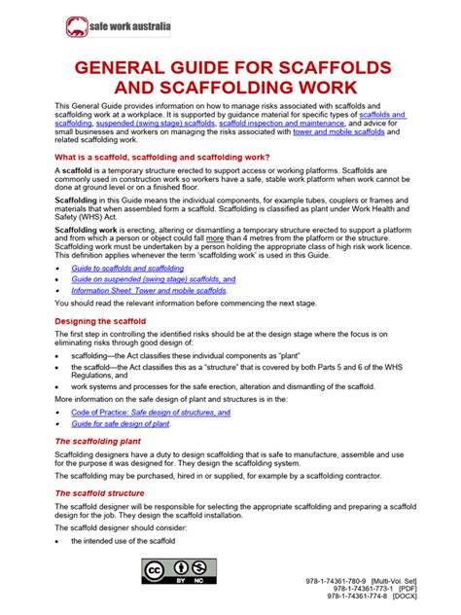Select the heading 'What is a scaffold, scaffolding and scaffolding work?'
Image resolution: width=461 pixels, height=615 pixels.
click(x=162, y=157)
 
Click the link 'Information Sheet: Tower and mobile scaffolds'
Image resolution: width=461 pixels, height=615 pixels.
click(x=149, y=290)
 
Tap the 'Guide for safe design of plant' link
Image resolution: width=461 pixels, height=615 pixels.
click(x=122, y=424)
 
